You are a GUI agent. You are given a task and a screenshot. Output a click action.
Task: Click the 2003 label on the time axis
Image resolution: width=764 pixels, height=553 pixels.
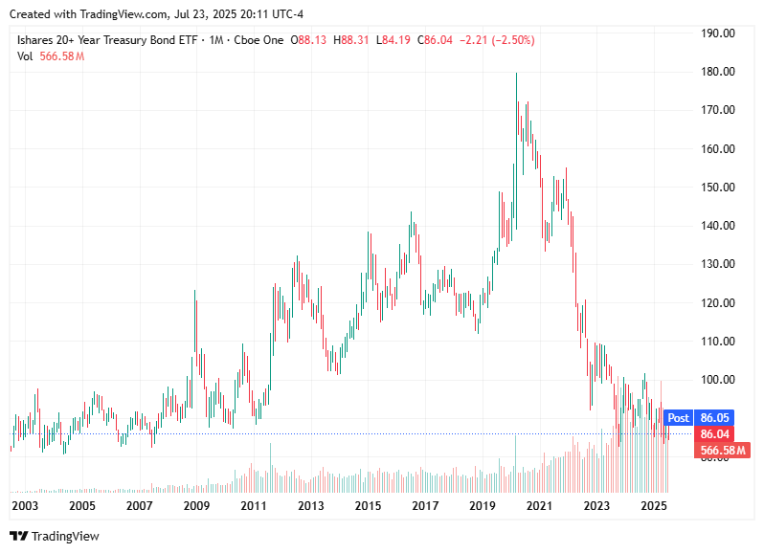[25, 505]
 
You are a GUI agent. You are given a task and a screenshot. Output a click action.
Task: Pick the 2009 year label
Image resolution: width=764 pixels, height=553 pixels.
[196, 505]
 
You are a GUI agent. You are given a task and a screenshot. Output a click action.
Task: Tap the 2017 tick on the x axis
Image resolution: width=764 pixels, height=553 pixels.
[425, 505]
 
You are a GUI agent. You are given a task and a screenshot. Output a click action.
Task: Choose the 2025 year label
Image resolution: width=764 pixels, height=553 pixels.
[653, 505]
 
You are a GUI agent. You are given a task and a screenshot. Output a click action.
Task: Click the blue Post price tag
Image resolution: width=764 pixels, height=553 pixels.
[678, 418]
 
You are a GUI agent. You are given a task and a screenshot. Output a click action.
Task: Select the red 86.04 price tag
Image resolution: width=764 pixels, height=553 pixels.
[715, 434]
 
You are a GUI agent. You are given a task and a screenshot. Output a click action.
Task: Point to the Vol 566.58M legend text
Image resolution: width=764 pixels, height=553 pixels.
[51, 56]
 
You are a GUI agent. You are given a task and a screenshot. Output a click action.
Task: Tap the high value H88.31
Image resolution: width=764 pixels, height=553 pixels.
[353, 40]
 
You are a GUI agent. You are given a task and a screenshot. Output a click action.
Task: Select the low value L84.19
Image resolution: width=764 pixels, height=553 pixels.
[394, 40]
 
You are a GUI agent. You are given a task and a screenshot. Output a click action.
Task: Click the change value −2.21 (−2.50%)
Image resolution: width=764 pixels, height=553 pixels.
[498, 40]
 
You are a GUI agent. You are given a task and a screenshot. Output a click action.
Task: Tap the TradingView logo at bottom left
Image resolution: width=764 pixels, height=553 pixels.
[55, 536]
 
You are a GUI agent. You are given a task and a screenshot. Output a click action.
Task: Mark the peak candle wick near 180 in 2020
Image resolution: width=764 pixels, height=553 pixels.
[517, 75]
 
